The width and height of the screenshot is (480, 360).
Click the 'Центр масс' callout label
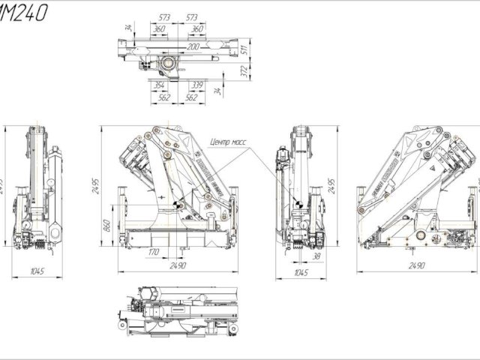(232, 140)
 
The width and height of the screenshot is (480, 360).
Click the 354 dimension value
(158, 85)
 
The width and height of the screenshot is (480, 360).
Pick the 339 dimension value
(197, 85)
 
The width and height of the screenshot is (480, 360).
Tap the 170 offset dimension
(154, 252)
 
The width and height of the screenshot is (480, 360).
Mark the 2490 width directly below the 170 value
(178, 266)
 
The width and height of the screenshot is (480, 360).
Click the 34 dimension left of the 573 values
(128, 28)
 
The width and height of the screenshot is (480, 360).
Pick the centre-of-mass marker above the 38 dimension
(298, 204)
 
